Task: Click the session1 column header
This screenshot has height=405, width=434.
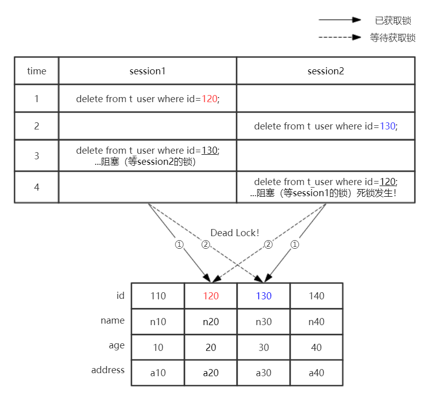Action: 147,71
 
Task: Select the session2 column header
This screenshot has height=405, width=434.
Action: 325,71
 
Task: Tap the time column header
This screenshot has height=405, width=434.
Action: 36,71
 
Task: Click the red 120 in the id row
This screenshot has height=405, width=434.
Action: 210,296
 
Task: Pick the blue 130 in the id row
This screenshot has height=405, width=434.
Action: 264,296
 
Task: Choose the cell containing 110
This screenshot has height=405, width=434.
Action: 158,296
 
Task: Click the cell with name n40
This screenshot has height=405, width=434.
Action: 316,322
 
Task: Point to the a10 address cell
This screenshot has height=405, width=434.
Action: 158,373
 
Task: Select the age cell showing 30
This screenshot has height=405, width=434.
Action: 264,347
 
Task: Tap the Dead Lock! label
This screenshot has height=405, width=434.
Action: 235,233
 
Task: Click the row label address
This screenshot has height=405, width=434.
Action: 108,370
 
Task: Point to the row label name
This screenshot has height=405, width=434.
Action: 112,320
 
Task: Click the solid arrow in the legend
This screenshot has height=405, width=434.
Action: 339,20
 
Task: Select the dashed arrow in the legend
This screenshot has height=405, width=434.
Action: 339,37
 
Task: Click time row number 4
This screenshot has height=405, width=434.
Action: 36,187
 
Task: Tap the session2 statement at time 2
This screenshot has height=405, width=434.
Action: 326,126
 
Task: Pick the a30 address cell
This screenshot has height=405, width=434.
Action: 264,373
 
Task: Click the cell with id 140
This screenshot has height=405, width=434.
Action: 316,296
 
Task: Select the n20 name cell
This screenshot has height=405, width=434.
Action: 210,322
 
